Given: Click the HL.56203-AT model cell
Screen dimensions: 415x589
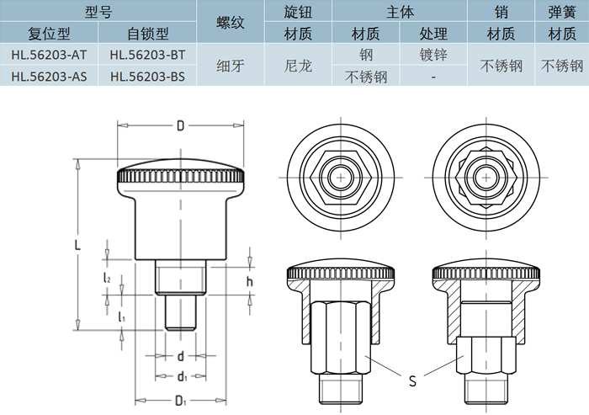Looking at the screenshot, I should point(50,55).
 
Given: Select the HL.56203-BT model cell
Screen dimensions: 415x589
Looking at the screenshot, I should point(147,55).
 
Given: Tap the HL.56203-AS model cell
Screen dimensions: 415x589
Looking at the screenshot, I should point(50,76).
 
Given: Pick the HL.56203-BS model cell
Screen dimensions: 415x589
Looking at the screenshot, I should point(147,76).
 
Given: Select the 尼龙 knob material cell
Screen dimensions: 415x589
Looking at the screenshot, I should point(298,66).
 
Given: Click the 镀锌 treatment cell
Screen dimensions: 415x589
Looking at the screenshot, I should point(432,55).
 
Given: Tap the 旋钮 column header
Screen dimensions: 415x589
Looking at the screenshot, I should point(298,12).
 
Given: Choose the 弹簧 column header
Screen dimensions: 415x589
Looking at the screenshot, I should point(561,12).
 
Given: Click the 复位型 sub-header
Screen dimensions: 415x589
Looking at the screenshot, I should point(50,34).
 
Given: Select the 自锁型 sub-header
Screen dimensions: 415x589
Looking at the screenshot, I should point(147,34).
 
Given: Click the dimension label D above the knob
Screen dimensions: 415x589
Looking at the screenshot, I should point(180,126).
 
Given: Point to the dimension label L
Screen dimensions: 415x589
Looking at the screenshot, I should point(77,245).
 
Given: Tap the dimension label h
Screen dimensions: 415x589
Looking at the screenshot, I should point(249,281).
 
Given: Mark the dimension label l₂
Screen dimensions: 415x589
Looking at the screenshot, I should point(107,277).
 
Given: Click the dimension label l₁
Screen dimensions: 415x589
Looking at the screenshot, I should point(122,317).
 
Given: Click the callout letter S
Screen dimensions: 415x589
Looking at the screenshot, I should point(412,380).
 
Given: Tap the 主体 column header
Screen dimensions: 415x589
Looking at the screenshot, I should point(399,12).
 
